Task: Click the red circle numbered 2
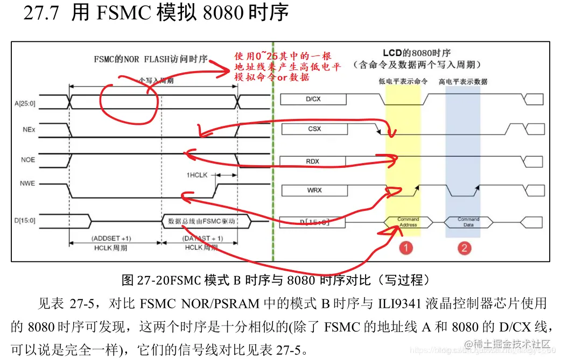(464, 248)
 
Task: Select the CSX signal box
(314, 129)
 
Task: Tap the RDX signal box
(314, 161)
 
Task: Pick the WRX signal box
(314, 190)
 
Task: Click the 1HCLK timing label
(197, 175)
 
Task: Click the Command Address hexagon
(408, 222)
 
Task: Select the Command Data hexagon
(468, 222)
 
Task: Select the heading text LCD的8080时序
(416, 53)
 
